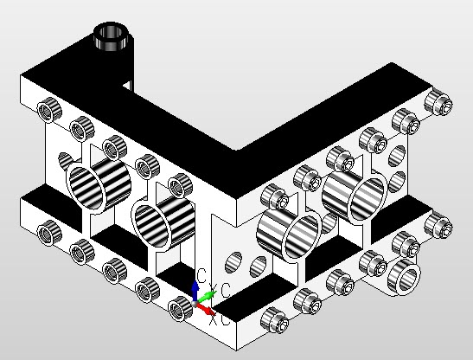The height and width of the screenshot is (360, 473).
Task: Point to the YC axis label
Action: pos(220,290)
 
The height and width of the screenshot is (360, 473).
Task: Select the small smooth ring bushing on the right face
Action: pos(403,276)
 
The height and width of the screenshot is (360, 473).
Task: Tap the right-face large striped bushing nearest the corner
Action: pos(291,235)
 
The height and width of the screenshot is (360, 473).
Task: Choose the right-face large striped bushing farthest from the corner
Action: pos(355,195)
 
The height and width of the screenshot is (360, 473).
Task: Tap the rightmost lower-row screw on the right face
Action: pos(439,228)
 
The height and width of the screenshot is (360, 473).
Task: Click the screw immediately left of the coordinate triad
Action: pos(180,305)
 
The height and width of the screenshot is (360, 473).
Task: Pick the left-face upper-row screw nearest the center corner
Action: pos(180,183)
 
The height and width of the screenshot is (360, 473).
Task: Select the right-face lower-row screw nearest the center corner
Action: pos(274,319)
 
